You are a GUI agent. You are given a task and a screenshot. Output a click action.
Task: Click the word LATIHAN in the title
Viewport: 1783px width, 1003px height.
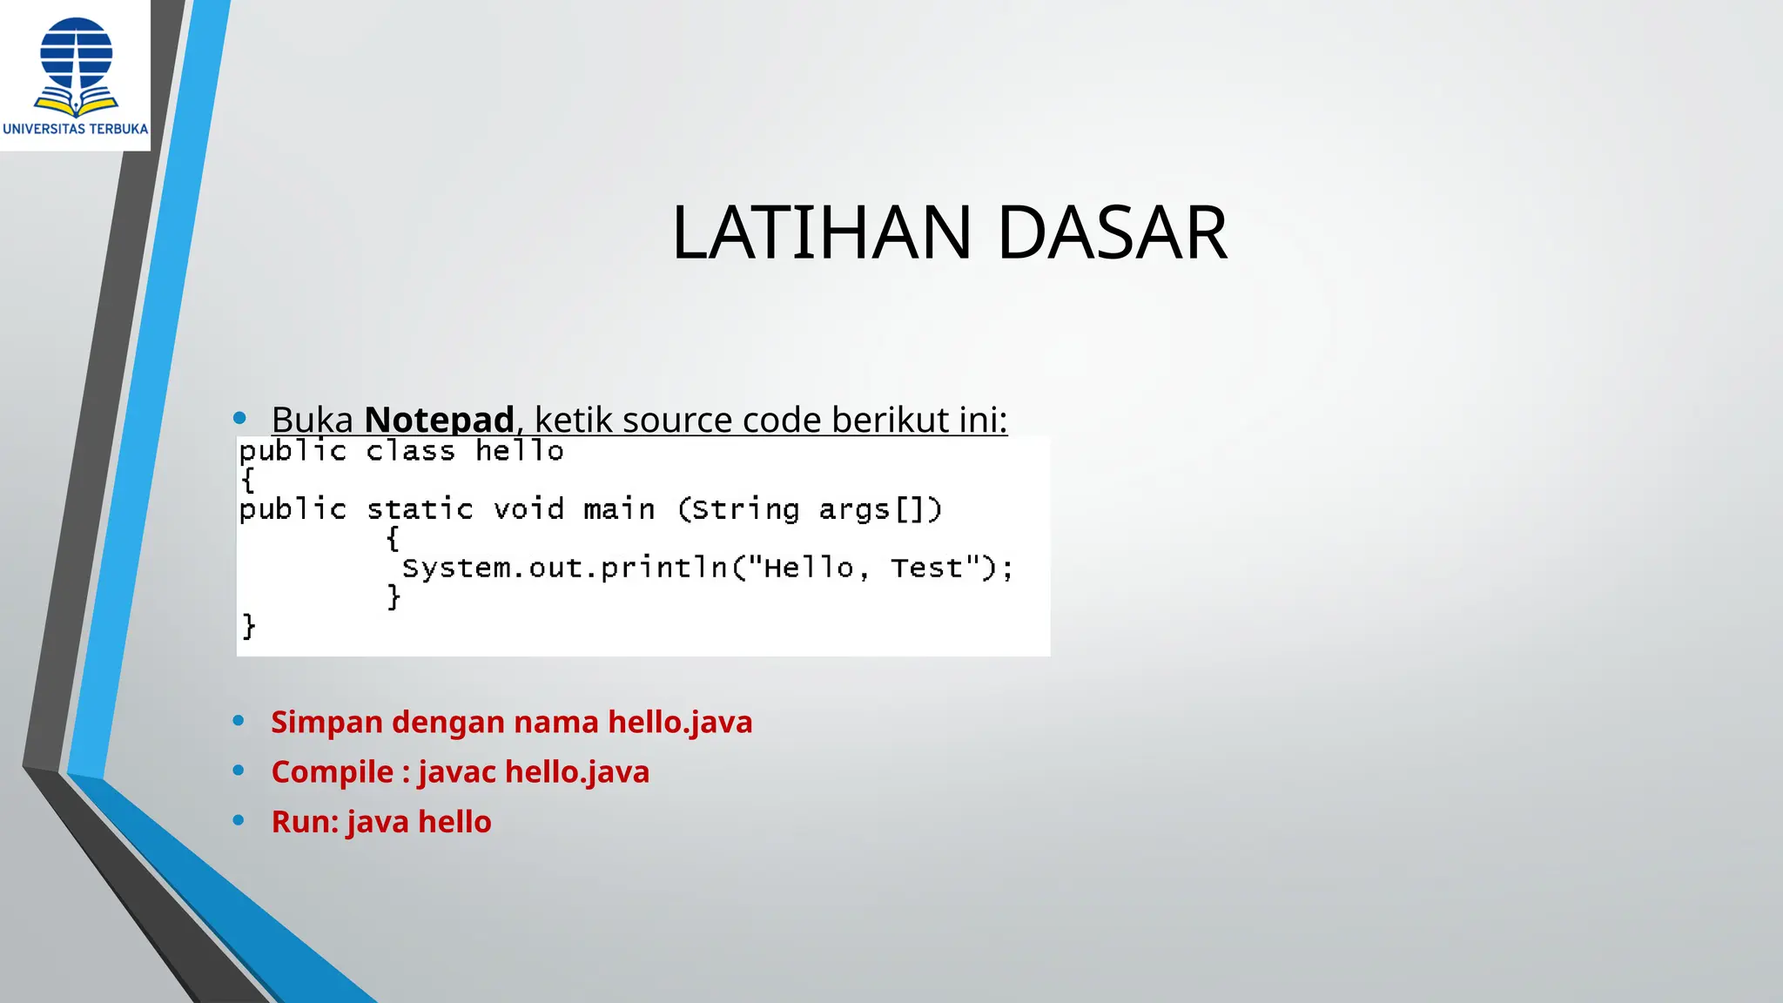point(821,232)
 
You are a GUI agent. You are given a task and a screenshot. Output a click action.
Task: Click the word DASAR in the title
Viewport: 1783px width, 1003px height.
point(1112,232)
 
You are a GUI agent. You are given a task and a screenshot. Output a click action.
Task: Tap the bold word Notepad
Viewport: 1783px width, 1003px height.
point(439,420)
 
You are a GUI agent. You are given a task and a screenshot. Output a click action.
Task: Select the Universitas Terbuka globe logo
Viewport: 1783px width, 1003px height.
point(76,66)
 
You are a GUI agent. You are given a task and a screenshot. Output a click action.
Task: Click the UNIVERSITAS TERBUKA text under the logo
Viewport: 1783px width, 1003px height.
point(76,129)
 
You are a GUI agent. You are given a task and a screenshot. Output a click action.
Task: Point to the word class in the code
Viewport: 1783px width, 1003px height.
point(410,451)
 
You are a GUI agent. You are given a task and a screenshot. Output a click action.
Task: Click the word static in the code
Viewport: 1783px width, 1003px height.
point(420,509)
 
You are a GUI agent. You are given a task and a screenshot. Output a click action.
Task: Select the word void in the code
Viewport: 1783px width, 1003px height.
point(528,509)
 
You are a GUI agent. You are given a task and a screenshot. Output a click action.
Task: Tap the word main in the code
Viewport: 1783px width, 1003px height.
point(619,509)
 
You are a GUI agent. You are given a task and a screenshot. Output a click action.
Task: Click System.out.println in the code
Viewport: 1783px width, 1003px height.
point(564,568)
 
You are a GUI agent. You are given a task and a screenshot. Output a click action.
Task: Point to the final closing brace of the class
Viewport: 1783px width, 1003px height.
point(249,626)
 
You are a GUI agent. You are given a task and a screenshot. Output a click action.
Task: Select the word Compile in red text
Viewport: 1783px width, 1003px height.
point(332,772)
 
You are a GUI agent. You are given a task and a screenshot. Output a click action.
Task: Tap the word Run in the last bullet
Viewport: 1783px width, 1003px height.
point(304,822)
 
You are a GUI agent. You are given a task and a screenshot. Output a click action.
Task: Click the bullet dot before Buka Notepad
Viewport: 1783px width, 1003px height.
point(239,419)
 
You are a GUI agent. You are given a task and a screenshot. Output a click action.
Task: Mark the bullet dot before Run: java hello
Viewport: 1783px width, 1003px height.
point(239,820)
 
